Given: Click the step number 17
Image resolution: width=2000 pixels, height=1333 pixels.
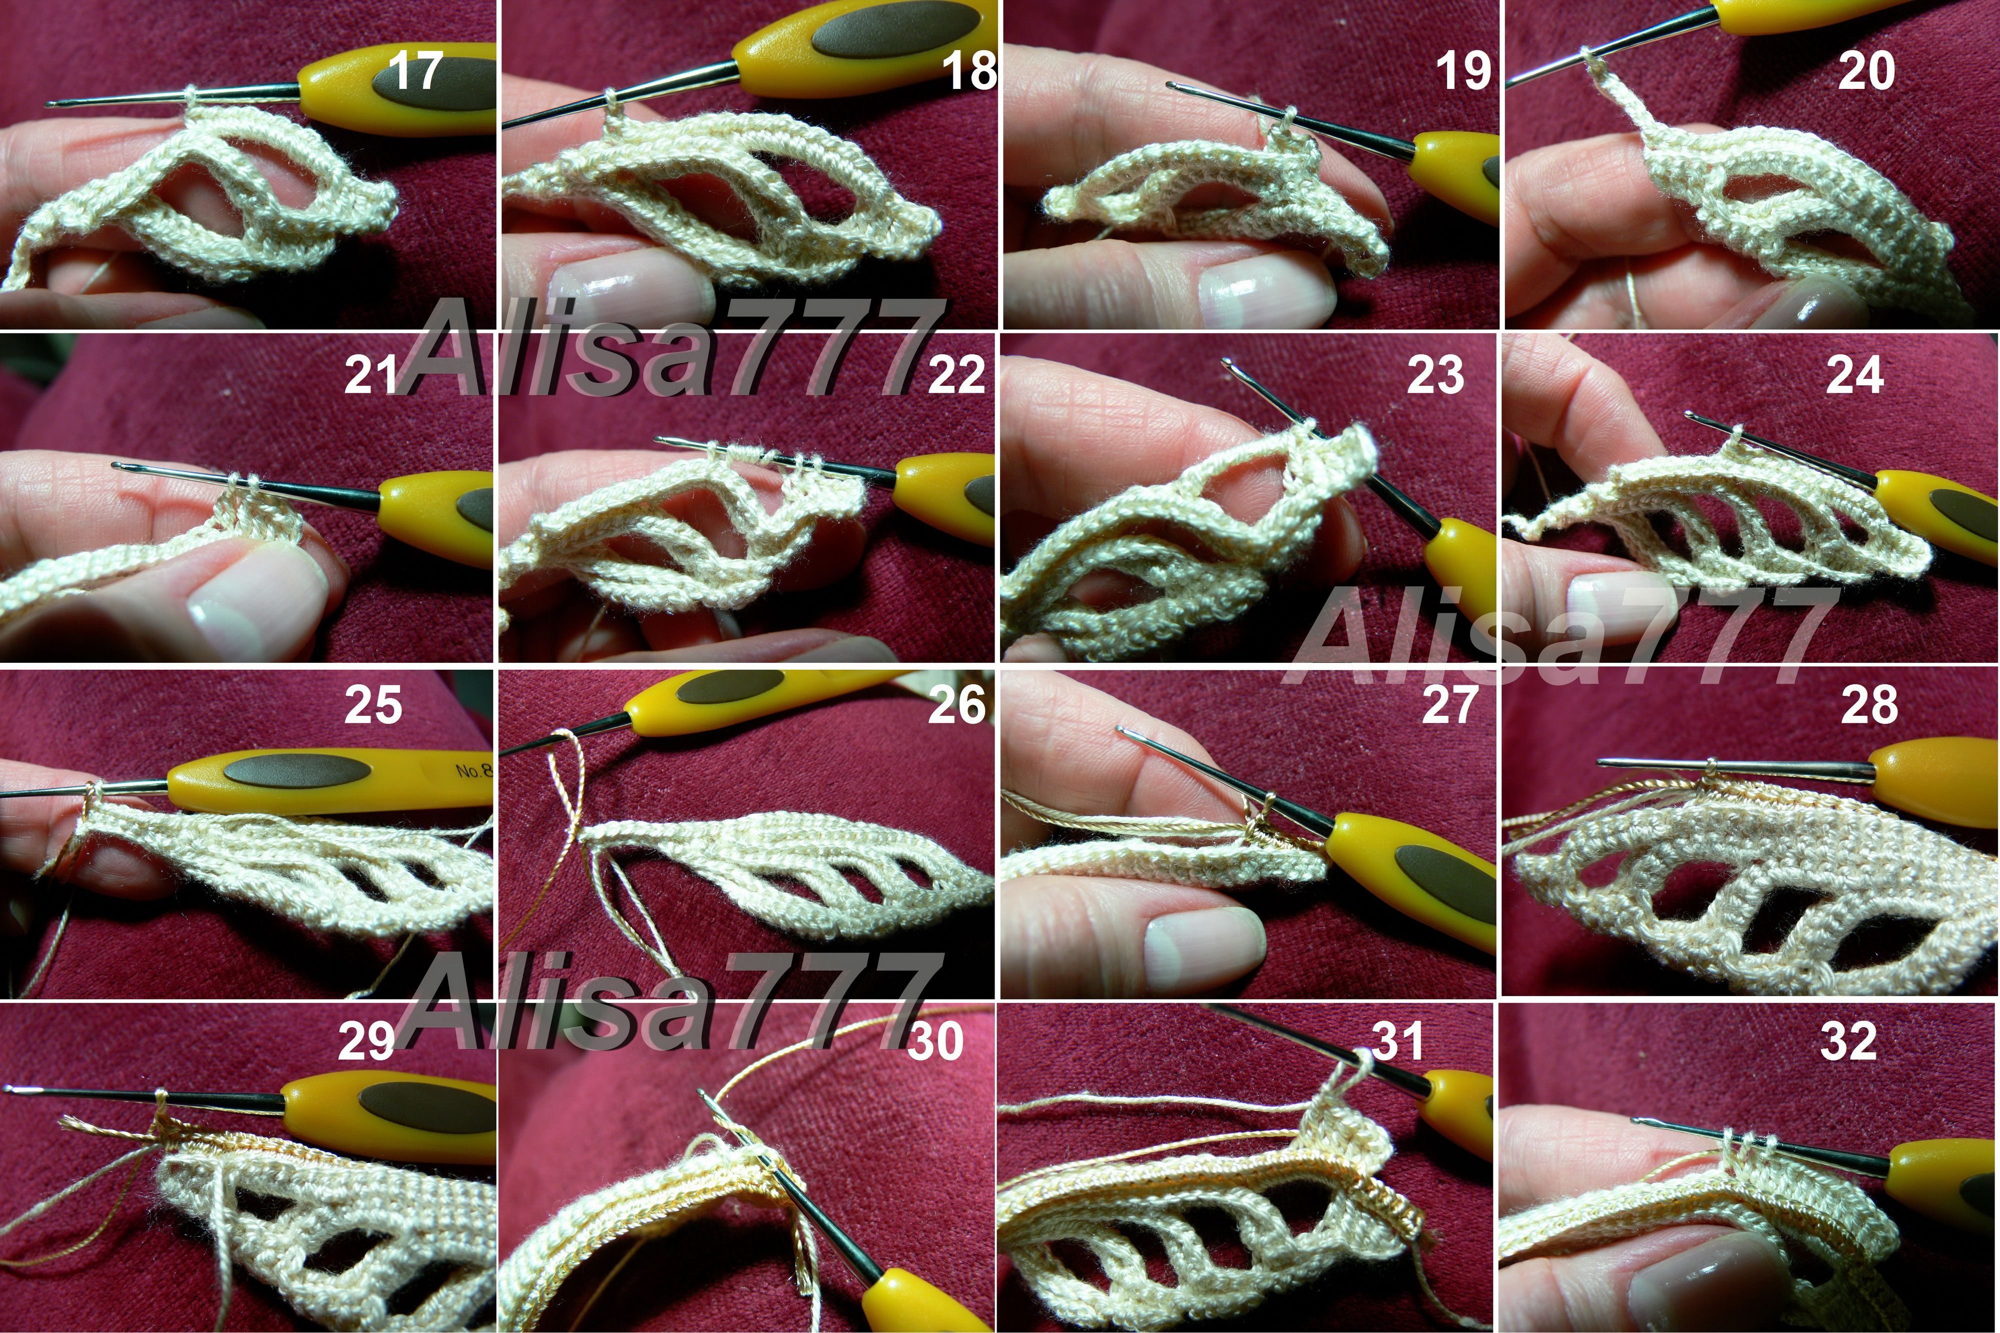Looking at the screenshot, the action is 415,70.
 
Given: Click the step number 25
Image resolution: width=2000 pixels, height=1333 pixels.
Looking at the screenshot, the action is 373,705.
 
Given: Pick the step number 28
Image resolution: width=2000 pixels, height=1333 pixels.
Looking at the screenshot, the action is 1869,705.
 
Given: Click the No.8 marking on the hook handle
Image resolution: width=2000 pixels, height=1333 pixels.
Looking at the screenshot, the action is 473,769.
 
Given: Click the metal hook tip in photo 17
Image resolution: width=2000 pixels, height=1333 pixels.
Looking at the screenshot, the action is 51,104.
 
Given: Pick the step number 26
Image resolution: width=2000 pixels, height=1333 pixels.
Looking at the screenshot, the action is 956,705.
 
